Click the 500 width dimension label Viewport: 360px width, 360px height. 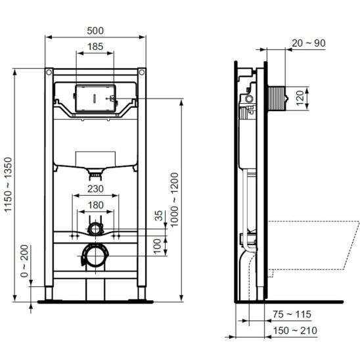[x=95, y=30]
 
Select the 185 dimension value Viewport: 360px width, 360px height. [x=95, y=47]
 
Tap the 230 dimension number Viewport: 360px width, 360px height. [x=95, y=189]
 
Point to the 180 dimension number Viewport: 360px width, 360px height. [x=95, y=205]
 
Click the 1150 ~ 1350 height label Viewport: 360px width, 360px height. [x=8, y=185]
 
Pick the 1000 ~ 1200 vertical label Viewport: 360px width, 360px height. [x=175, y=200]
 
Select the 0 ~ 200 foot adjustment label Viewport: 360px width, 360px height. [x=24, y=261]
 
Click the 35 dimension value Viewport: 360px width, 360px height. [x=158, y=215]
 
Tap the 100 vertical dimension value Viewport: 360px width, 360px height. [x=158, y=246]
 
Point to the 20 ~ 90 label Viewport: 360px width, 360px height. [x=309, y=43]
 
